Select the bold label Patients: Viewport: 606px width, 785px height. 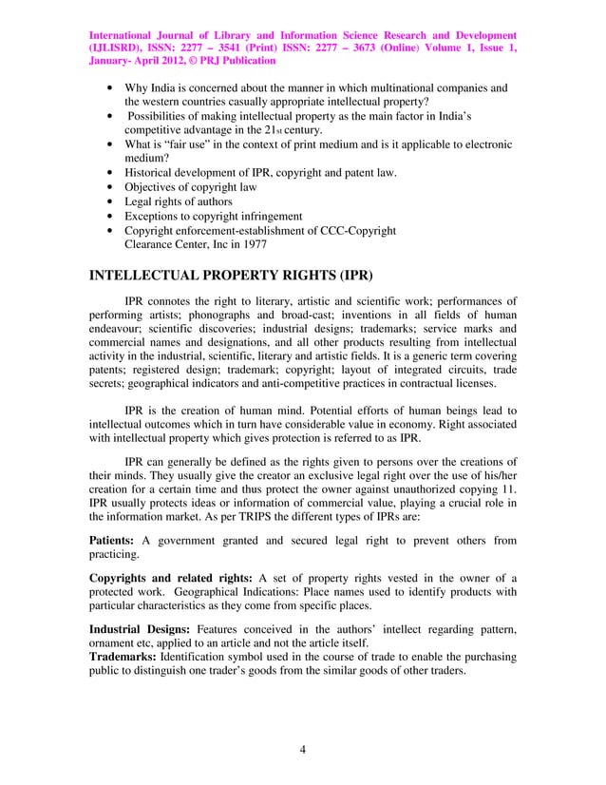click(x=118, y=541)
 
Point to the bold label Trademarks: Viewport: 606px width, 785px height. click(x=123, y=656)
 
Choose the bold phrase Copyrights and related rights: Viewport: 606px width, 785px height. click(x=170, y=580)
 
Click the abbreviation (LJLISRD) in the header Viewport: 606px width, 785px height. click(x=115, y=47)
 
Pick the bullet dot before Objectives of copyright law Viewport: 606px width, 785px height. click(x=114, y=187)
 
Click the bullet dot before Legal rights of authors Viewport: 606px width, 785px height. click(x=114, y=201)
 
